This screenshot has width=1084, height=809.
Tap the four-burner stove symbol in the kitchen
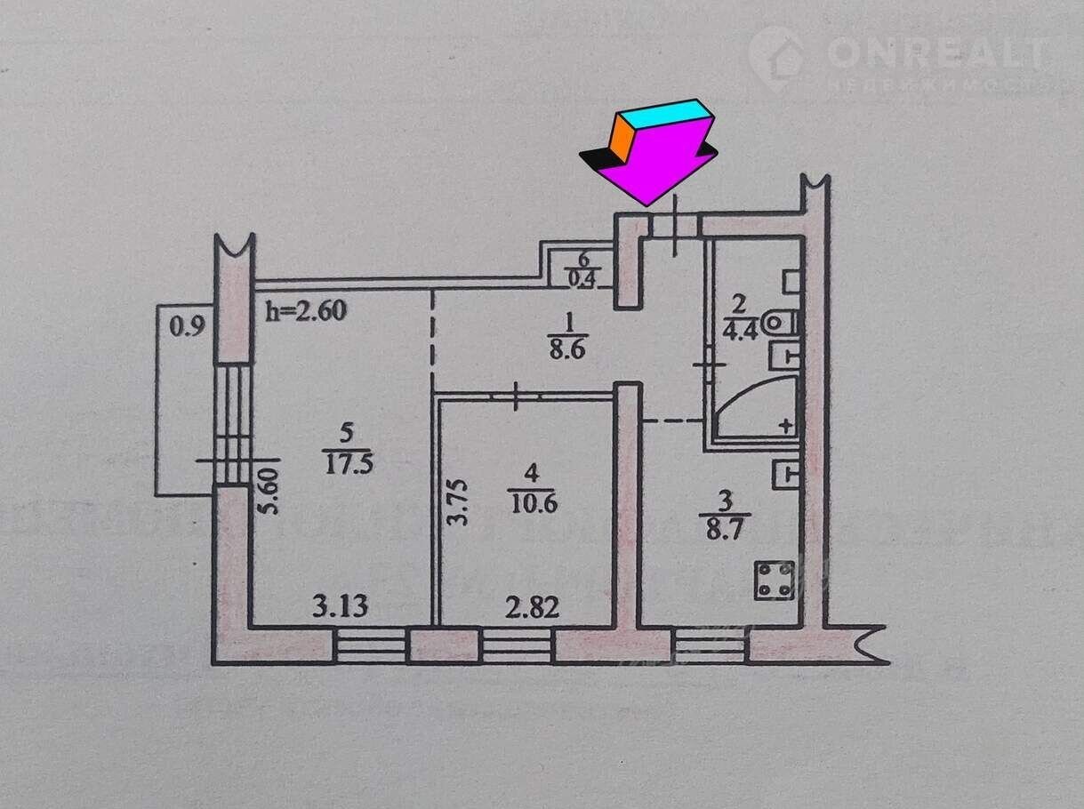[x=769, y=580]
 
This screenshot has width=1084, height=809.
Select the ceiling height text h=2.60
[x=306, y=311]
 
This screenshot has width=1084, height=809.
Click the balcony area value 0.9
[x=187, y=326]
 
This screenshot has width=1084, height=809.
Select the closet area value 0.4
[x=583, y=276]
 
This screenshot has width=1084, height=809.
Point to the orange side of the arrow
[x=621, y=139]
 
